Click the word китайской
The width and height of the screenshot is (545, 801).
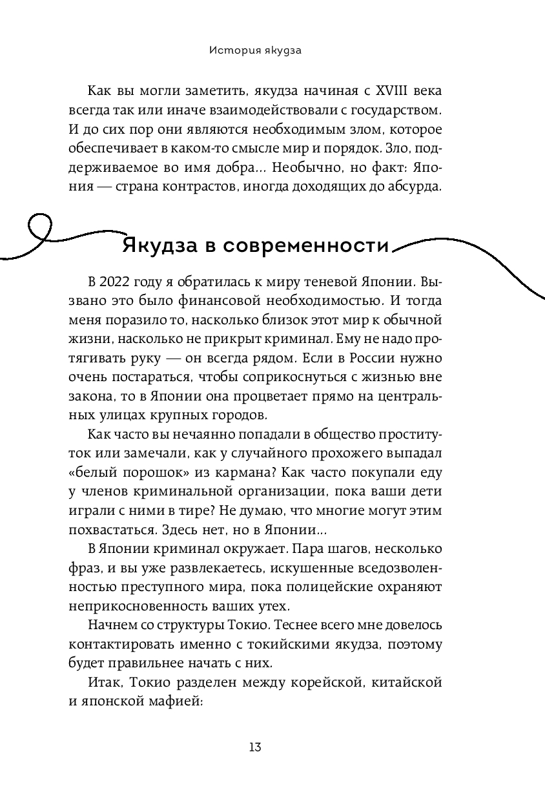coord(408,681)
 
